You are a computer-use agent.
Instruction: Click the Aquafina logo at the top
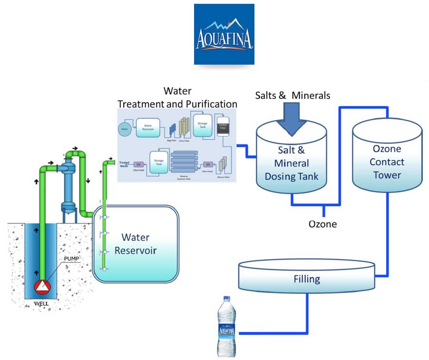(x=224, y=34)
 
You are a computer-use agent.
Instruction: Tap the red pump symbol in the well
(x=43, y=287)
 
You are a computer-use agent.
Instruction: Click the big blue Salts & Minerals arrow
(x=292, y=117)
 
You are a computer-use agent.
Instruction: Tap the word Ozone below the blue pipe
(x=322, y=224)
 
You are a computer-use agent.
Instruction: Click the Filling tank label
(x=307, y=279)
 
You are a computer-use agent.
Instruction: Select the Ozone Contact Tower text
(x=386, y=162)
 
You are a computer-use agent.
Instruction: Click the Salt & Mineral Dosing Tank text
(x=291, y=163)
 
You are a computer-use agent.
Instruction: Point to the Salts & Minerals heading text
(x=292, y=95)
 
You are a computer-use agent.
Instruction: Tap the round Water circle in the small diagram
(x=125, y=128)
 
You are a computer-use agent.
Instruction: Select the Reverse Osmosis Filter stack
(x=183, y=162)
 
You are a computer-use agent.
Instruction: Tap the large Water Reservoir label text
(x=136, y=243)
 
